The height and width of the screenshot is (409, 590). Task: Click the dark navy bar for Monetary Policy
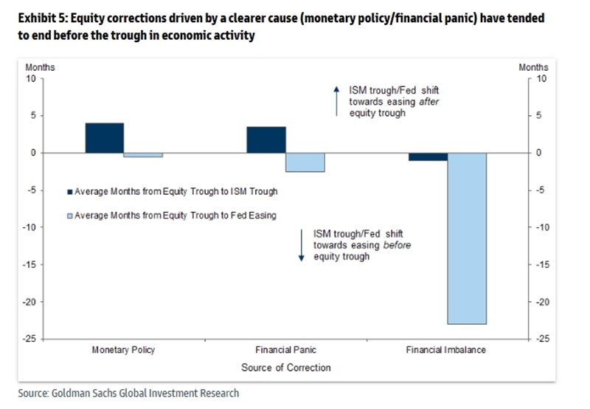[x=105, y=138]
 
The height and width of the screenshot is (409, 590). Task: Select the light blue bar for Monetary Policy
[x=143, y=155]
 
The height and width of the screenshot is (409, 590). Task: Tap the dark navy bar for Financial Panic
[x=266, y=140]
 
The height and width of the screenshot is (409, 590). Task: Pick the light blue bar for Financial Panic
[x=305, y=162]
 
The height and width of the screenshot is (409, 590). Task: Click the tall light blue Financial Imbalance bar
[x=467, y=238]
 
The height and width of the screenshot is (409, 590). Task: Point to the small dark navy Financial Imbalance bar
[x=428, y=157]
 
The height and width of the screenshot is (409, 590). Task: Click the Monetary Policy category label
[x=123, y=349]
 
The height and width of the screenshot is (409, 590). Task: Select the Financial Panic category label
[x=285, y=349]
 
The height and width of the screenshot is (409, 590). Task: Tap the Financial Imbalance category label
[x=446, y=349]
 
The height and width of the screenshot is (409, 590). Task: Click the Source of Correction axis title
[x=285, y=367]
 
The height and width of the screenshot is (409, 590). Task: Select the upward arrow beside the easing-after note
[x=336, y=101]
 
